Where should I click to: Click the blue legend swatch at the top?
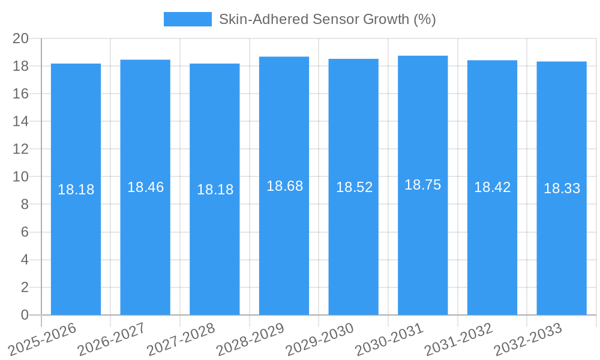click(x=187, y=19)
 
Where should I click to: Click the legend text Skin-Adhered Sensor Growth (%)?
click(x=327, y=19)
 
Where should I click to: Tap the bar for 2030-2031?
click(x=423, y=240)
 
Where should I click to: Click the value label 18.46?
click(x=145, y=187)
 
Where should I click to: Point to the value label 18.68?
click(x=284, y=186)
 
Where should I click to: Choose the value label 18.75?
click(x=423, y=185)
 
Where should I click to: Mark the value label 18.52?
click(x=354, y=187)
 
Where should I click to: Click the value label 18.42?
click(x=493, y=187)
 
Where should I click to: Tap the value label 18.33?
click(x=562, y=188)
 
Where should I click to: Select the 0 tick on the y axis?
click(x=25, y=315)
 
